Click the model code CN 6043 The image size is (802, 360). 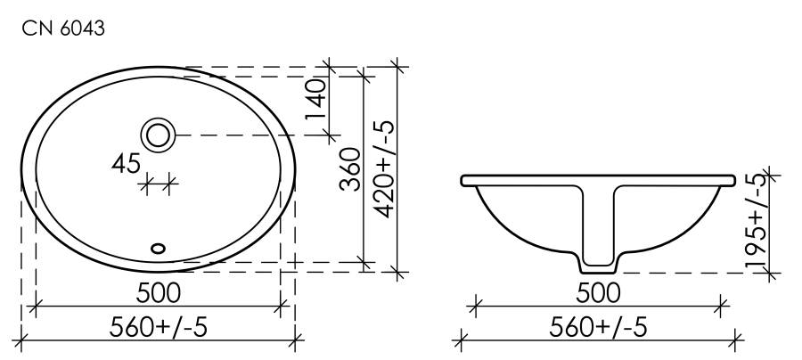[x=64, y=29]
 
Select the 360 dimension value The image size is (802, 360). [x=350, y=173]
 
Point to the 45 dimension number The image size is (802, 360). [x=127, y=163]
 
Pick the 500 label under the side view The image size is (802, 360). [x=598, y=292]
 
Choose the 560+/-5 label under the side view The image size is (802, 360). [x=598, y=326]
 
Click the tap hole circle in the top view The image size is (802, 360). [x=160, y=135]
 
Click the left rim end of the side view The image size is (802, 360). [x=465, y=181]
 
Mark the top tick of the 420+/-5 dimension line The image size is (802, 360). [x=397, y=67]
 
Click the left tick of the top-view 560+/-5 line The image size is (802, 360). [x=21, y=339]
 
